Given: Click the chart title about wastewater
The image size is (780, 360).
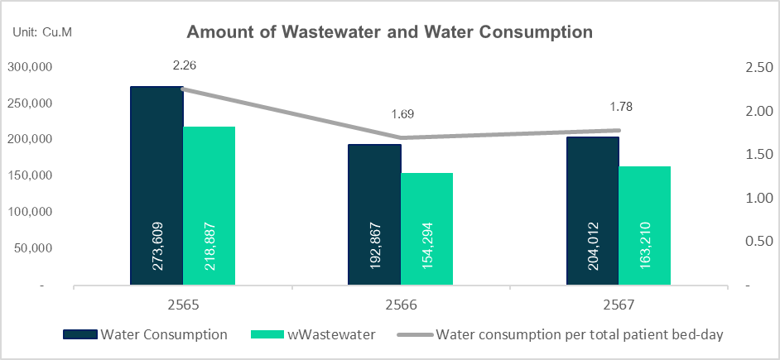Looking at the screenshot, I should pyautogui.click(x=390, y=33).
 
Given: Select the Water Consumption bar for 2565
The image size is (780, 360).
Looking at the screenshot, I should pyautogui.click(x=156, y=186).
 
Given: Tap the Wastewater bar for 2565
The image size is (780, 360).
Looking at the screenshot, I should pyautogui.click(x=209, y=206).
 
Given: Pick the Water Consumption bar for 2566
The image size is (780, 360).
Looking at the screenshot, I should pyautogui.click(x=374, y=215).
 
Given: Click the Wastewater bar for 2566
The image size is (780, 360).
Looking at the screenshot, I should pyautogui.click(x=426, y=229).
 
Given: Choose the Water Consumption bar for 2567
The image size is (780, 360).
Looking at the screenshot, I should pyautogui.click(x=592, y=211).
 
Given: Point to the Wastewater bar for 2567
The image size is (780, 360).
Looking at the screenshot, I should pyautogui.click(x=644, y=226).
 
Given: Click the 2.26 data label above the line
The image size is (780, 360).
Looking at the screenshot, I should pyautogui.click(x=184, y=65).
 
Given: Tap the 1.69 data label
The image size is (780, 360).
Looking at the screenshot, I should pyautogui.click(x=402, y=114).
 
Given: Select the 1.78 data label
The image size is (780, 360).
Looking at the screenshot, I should pyautogui.click(x=620, y=107).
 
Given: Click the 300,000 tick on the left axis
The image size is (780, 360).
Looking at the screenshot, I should pyautogui.click(x=31, y=67).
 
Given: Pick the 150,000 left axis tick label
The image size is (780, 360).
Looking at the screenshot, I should pyautogui.click(x=31, y=175).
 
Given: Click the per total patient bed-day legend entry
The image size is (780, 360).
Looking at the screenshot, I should pyautogui.click(x=563, y=335).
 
